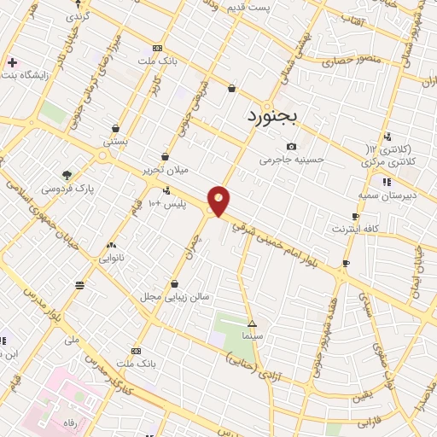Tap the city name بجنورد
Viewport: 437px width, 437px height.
pos(276,115)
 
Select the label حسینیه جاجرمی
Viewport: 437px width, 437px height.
pos(292,160)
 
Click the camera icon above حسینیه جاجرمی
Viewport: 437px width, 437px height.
pos(292,146)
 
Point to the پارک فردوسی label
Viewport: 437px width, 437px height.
pos(67,187)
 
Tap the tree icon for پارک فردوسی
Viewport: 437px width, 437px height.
pos(67,173)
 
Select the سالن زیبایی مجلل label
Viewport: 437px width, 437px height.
pos(175,297)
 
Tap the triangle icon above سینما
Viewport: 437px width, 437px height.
pos(252,323)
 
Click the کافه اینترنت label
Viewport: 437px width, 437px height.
pos(356,230)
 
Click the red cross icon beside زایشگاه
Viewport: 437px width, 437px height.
pos(12,63)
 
